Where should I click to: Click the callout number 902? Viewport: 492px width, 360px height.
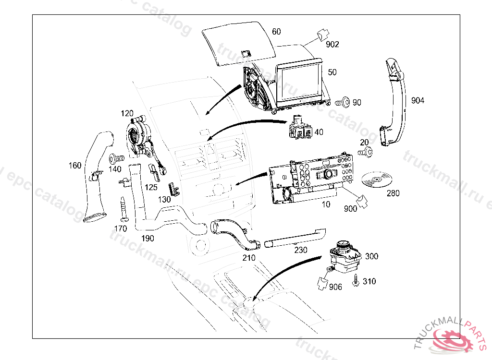point(332,44)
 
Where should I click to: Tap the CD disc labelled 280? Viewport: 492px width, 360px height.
point(376,180)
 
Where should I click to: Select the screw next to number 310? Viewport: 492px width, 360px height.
point(356,281)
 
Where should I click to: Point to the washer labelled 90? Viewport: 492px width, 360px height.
point(343,102)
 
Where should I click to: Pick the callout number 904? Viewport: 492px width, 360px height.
point(418,100)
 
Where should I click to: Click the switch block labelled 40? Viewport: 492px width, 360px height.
point(301,128)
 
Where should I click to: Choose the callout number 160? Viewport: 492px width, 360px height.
point(75,166)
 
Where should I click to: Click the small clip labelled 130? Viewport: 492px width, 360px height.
point(174,189)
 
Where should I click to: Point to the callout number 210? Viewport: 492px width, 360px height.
point(249,258)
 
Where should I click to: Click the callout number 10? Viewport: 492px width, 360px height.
point(326,204)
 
